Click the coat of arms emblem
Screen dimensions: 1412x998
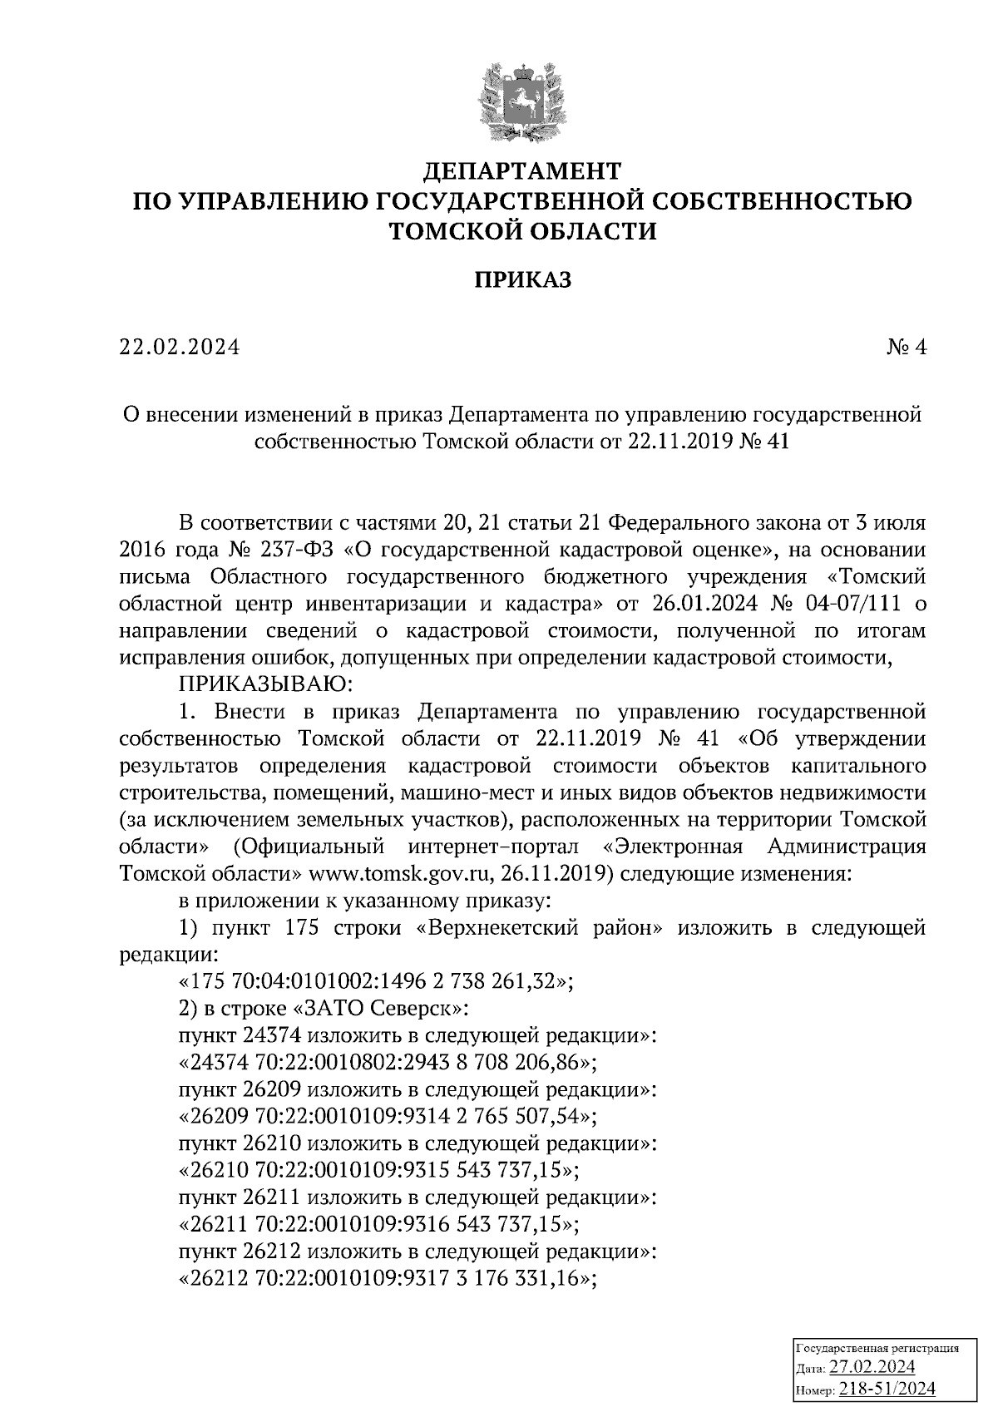(x=522, y=102)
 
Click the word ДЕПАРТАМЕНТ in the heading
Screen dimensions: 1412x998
(x=522, y=171)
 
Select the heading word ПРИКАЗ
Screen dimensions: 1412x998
(x=522, y=280)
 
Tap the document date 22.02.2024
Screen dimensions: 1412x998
(x=179, y=347)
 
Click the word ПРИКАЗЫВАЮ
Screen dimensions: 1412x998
(x=266, y=684)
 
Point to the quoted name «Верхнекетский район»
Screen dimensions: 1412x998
(x=538, y=927)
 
